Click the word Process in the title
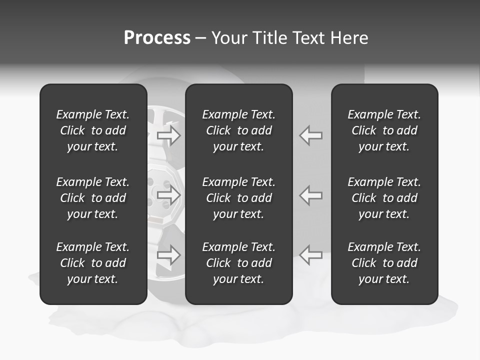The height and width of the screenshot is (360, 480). point(157,38)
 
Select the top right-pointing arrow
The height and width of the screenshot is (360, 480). point(169,135)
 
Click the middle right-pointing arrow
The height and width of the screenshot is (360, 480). point(169,194)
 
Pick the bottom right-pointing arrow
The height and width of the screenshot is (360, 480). point(169,254)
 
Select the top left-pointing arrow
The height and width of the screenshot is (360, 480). point(310,135)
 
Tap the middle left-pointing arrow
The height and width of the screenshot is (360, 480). point(310,194)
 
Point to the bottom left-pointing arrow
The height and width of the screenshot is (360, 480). point(310,254)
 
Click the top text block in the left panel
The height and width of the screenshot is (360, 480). point(93,130)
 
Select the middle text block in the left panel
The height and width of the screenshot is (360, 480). point(93,198)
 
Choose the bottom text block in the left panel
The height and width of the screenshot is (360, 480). point(93,263)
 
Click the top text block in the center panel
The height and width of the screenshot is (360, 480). point(239,130)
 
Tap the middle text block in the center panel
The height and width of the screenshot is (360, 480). point(239,198)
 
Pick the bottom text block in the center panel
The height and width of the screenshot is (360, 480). point(239,263)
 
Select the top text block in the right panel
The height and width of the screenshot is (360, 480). point(384,130)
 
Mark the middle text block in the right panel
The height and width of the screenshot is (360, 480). point(384,198)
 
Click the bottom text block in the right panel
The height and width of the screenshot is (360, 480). point(384,263)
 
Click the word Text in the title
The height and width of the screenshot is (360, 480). point(307,38)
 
